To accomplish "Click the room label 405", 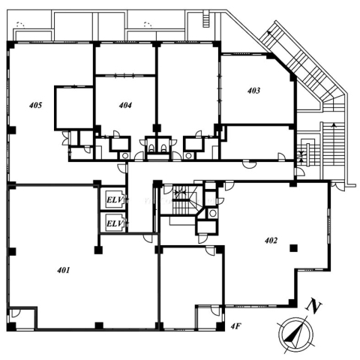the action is pos(35,105).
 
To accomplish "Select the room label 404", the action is pos(125,105).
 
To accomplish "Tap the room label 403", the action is pos(253,90).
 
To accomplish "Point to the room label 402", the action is pos(271,241).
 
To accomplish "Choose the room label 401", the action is pos(64,270).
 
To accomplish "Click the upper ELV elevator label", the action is pos(115,199).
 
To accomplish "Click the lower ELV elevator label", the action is pos(115,223).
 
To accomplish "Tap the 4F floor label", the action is pos(235,326).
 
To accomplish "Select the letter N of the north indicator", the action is pos(314,305).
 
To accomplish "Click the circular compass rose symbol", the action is pos(295,334).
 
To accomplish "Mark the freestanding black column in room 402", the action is pos(293,248).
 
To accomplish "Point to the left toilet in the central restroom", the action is pos(151,148).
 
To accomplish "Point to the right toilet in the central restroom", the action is pos(163,148).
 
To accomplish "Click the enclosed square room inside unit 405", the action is pos(74,108).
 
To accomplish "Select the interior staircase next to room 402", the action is pos(185,200).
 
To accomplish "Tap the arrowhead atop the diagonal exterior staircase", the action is pos(269,33).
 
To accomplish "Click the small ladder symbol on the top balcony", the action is pos(206,19).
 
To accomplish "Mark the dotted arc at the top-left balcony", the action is pos(20,23).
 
